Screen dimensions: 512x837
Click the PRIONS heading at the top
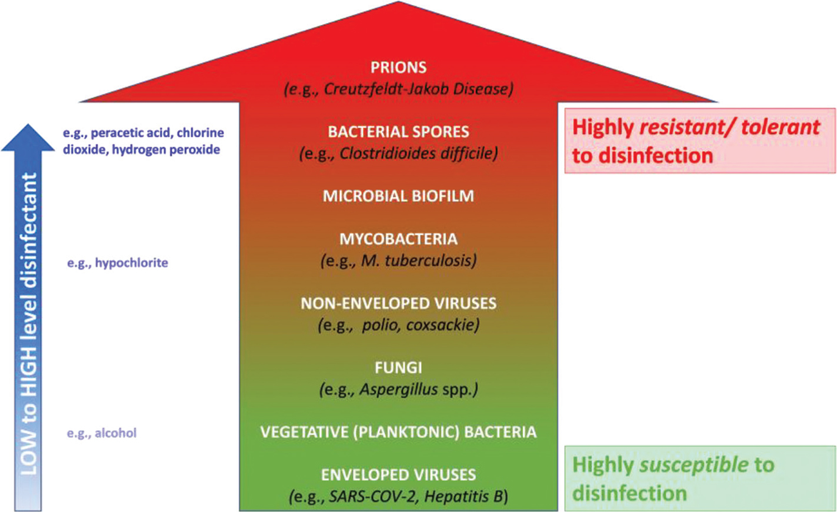pyautogui.click(x=398, y=67)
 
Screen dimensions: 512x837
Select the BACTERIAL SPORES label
pyautogui.click(x=398, y=131)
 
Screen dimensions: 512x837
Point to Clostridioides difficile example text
pyautogui.click(x=418, y=154)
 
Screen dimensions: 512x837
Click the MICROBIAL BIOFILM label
pyautogui.click(x=398, y=195)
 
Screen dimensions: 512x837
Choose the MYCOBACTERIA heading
pyautogui.click(x=398, y=239)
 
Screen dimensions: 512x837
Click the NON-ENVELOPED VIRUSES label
pyautogui.click(x=398, y=303)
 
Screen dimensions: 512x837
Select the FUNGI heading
pyautogui.click(x=398, y=368)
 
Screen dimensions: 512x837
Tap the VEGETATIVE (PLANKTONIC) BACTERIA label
pyautogui.click(x=398, y=432)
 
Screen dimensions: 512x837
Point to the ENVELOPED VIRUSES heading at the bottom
pyautogui.click(x=398, y=474)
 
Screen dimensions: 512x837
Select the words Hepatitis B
pyautogui.click(x=464, y=497)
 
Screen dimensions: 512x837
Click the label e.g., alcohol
pyautogui.click(x=102, y=433)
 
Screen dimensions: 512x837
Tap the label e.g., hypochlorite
pyautogui.click(x=118, y=262)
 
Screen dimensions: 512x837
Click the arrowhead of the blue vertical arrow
pyautogui.click(x=28, y=138)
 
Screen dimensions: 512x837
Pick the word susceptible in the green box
pyautogui.click(x=693, y=465)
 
